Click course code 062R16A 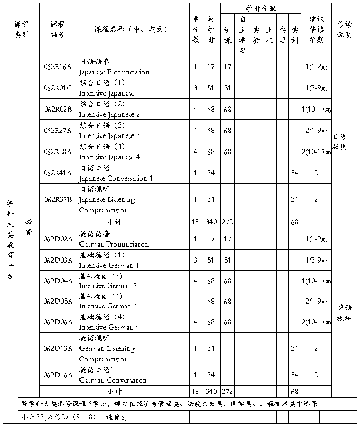click(57, 66)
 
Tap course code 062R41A click(57, 173)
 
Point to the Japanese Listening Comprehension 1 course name click(106, 199)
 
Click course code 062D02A click(57, 239)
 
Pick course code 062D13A click(57, 348)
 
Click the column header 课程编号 click(58, 30)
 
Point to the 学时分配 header click(261, 9)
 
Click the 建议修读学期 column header click(316, 30)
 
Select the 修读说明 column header click(344, 30)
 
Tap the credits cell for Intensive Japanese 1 click(195, 88)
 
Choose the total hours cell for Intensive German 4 click(211, 322)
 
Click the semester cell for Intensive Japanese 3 click(316, 130)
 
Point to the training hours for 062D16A click(295, 375)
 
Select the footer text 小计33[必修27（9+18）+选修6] click(74, 417)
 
